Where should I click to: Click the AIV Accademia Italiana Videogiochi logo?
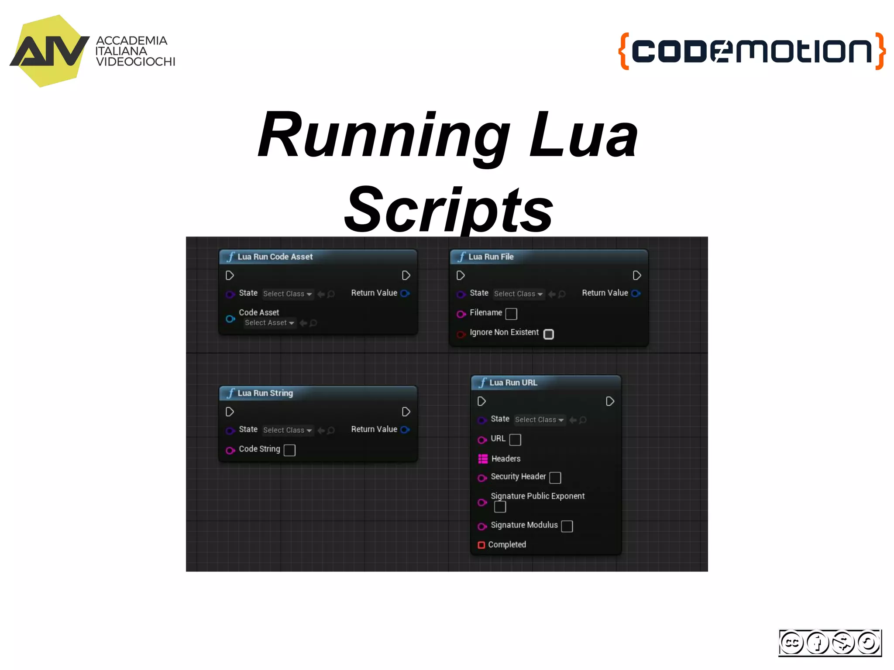point(92,51)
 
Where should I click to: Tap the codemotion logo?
point(752,51)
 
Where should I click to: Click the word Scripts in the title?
point(449,210)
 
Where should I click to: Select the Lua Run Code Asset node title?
point(275,257)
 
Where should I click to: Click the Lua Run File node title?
point(491,257)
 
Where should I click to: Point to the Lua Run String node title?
point(265,393)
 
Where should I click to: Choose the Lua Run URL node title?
point(513,383)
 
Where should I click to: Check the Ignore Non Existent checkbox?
point(549,334)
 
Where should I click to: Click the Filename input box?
point(511,314)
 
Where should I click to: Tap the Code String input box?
point(289,450)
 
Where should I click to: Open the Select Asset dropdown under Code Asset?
point(269,323)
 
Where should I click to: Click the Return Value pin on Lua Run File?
point(636,294)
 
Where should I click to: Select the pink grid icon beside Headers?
point(483,459)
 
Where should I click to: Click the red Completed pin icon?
point(481,545)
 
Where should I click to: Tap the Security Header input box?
point(555,478)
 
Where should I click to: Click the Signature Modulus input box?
point(567,526)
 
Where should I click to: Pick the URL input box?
point(515,440)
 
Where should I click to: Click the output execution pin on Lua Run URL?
point(610,401)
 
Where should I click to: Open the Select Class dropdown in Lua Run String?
point(287,431)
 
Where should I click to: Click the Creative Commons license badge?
point(830,643)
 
